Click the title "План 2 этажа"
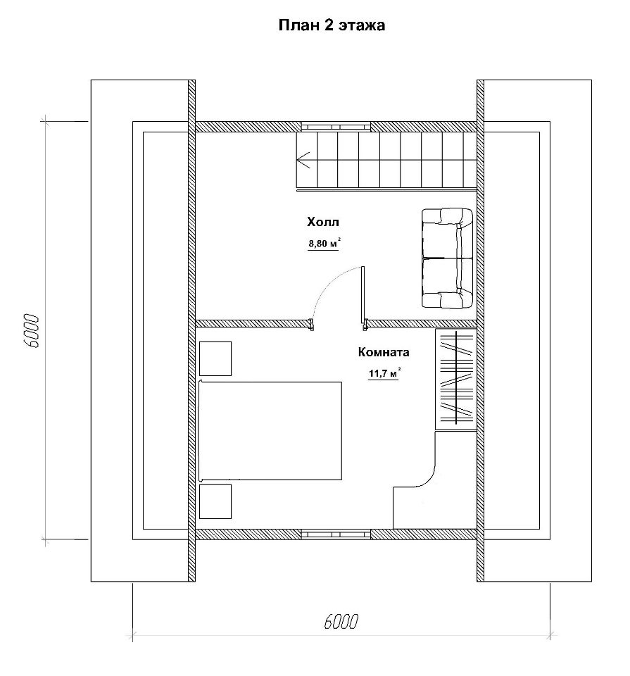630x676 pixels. [x=332, y=25]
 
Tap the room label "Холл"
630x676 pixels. [x=323, y=222]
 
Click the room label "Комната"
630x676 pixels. [x=384, y=352]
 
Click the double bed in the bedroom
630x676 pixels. [x=270, y=431]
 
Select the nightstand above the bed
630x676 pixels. [x=215, y=358]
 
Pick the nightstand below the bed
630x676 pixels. [x=215, y=501]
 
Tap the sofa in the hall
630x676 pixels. [x=447, y=258]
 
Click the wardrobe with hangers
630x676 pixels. [x=455, y=379]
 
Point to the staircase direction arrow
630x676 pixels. [x=303, y=160]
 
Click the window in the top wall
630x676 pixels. [x=336, y=127]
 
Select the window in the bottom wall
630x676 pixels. [x=336, y=534]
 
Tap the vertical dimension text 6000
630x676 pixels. [x=32, y=331]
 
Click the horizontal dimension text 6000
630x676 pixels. [x=341, y=622]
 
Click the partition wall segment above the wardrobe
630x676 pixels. [x=422, y=324]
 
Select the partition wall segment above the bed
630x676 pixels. [x=253, y=324]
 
